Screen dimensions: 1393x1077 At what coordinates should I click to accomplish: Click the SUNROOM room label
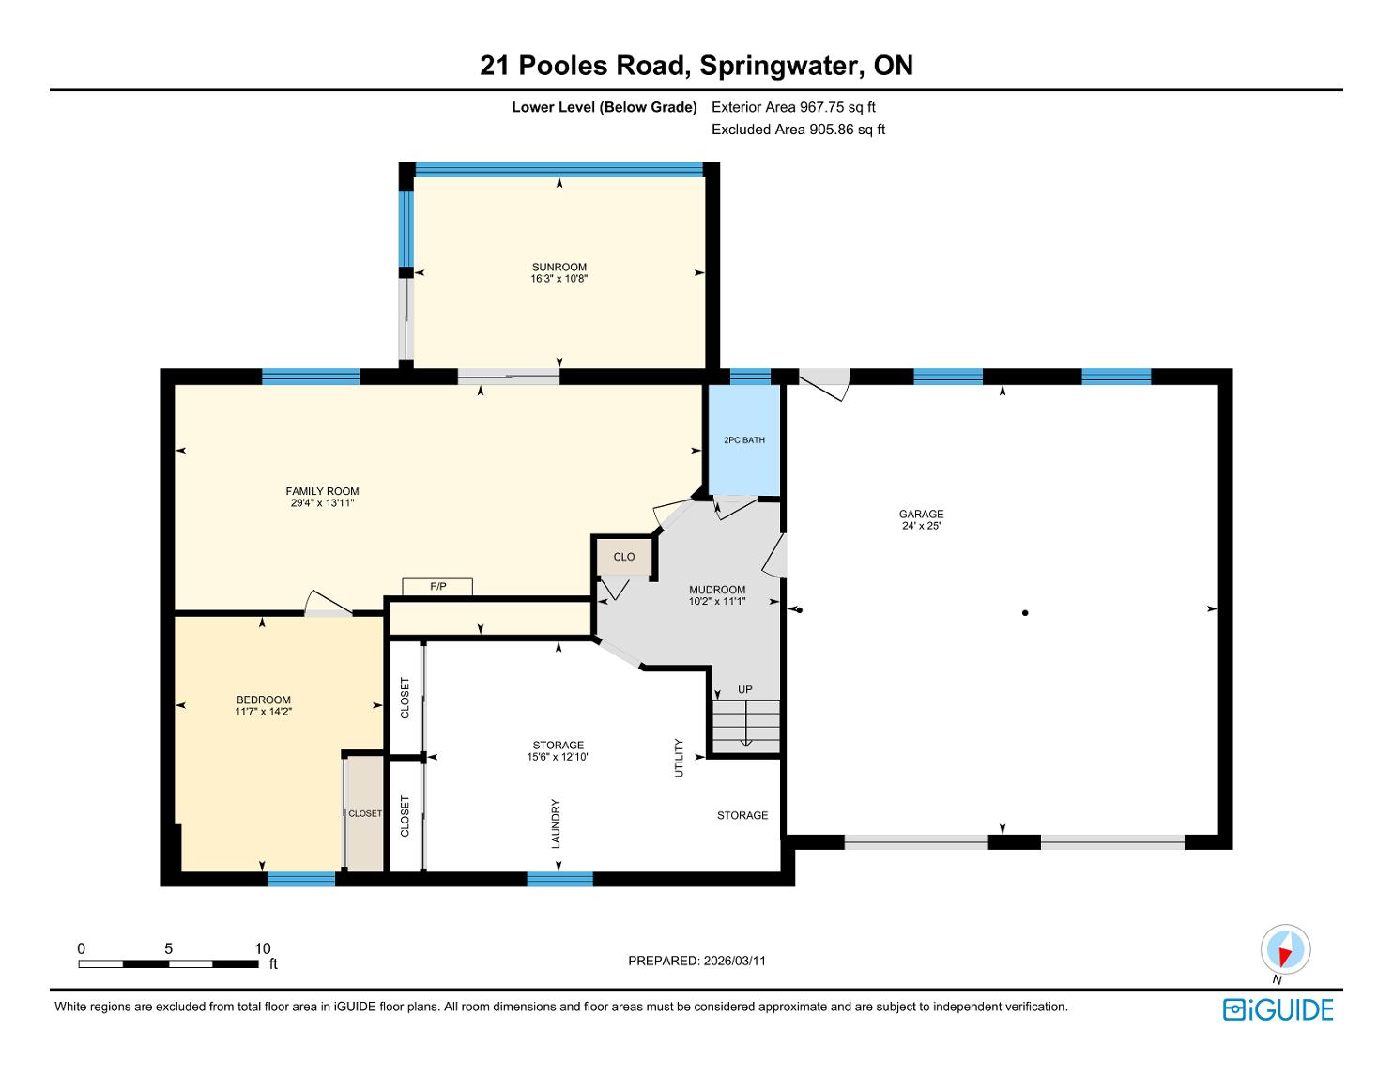pos(559,267)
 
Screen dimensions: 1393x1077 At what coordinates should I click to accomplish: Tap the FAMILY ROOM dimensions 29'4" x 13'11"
pos(323,503)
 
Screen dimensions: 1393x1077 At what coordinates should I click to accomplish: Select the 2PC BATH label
pos(744,439)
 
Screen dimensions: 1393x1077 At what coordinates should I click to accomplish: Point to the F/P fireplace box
pos(437,587)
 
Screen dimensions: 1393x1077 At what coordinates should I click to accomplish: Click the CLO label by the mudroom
pos(623,557)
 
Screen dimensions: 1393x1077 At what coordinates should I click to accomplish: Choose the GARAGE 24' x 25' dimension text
pos(921,526)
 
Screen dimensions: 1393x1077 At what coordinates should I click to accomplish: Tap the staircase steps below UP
pos(746,727)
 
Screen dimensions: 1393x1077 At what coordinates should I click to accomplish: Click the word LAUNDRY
pos(556,823)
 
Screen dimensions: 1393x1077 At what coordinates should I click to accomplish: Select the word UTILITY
pos(679,758)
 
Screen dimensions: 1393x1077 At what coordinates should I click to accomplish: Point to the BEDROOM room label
pos(264,700)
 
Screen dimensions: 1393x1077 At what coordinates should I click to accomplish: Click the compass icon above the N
pos(1285,949)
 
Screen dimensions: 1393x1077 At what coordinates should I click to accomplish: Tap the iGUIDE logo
pos(1278,1010)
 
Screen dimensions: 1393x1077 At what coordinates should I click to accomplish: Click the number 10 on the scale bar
pos(263,948)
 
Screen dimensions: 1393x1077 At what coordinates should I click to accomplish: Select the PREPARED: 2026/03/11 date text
pos(696,961)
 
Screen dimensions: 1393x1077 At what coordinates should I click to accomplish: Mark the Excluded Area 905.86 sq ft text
pos(798,130)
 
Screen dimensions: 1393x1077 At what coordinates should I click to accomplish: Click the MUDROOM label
pos(717,590)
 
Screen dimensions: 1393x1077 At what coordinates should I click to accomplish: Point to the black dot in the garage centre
pos(1025,613)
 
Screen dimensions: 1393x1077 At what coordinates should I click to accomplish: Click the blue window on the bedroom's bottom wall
pos(301,879)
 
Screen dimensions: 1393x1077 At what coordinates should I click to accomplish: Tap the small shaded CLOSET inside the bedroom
pos(364,814)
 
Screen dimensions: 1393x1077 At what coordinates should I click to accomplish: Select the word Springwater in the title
pos(779,66)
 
